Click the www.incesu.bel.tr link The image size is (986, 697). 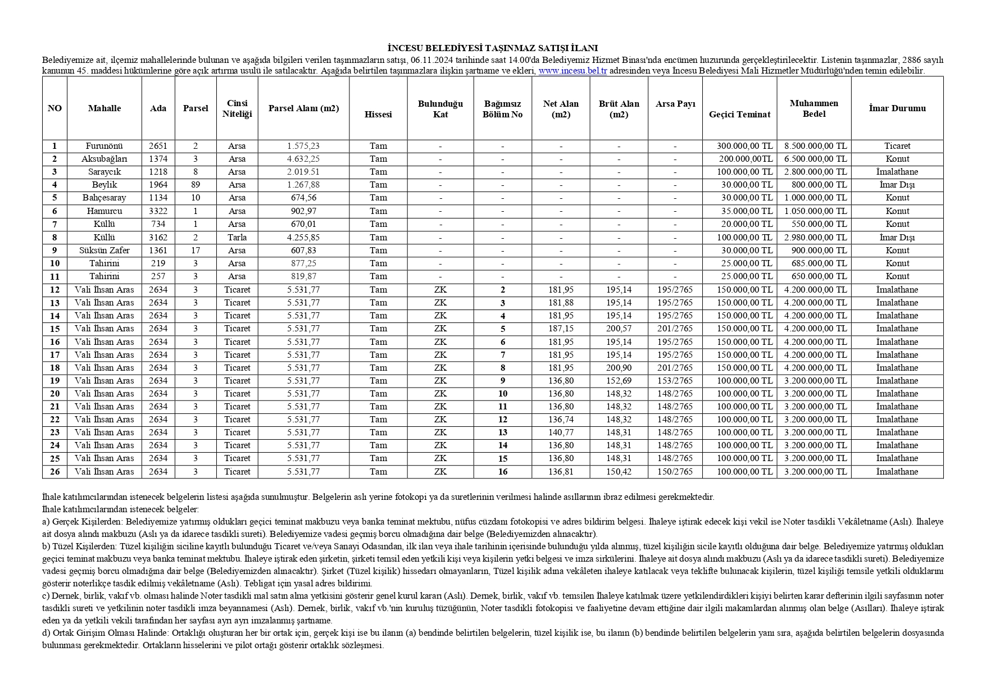point(572,71)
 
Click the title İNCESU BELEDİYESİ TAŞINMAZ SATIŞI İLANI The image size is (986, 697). point(492,48)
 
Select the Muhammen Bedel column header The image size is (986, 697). point(814,108)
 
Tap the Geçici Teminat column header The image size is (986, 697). point(739,114)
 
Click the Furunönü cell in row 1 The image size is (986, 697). point(104,146)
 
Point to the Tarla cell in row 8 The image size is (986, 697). point(237,238)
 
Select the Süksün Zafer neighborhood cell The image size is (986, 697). point(104,250)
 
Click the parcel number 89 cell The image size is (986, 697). point(196,185)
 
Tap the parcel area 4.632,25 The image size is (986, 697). point(303,159)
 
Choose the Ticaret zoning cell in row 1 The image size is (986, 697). point(897,146)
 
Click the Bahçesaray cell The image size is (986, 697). point(104,198)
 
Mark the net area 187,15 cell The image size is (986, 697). point(561,329)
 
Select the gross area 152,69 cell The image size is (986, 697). point(619,381)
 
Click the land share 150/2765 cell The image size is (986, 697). point(675,472)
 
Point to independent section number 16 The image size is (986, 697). point(502,472)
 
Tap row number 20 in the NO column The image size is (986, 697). point(54,394)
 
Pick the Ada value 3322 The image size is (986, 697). point(158,211)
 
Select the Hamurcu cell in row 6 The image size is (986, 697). point(104,211)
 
